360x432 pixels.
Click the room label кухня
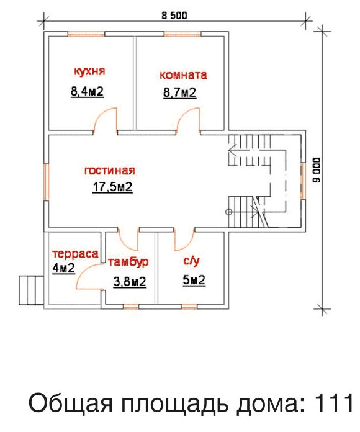(89, 71)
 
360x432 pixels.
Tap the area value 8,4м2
(88, 91)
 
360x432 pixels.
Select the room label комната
(183, 75)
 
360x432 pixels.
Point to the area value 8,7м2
(179, 92)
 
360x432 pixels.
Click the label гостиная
(110, 171)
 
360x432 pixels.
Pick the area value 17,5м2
(112, 187)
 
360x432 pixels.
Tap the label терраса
(75, 253)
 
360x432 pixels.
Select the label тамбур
(128, 262)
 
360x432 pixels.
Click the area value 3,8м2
(130, 282)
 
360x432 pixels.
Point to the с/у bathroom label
(191, 261)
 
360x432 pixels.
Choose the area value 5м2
(194, 280)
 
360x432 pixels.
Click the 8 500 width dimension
(174, 16)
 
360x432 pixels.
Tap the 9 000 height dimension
(317, 170)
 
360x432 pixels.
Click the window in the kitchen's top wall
(86, 34)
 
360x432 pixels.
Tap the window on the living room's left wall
(47, 182)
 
